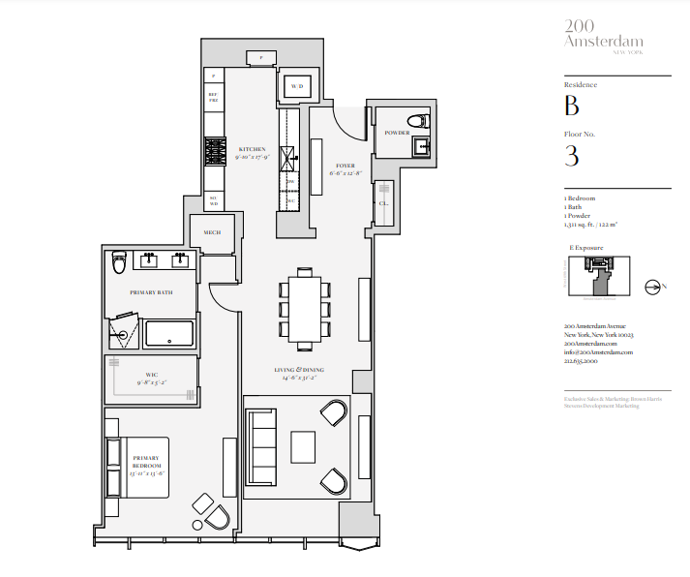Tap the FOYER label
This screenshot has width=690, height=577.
click(345, 166)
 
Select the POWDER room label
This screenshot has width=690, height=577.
click(397, 133)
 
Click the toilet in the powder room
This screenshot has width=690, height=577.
click(417, 120)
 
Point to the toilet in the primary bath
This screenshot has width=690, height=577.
click(118, 260)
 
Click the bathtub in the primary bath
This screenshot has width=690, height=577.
click(168, 335)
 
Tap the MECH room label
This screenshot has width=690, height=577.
click(212, 232)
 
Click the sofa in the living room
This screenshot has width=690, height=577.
click(261, 446)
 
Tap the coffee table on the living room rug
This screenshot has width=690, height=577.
click(303, 446)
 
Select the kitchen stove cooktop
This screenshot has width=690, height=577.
click(214, 151)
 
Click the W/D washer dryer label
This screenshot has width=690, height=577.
click(296, 87)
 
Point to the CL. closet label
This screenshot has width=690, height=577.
click(384, 204)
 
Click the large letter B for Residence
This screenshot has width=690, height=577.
click(572, 106)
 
